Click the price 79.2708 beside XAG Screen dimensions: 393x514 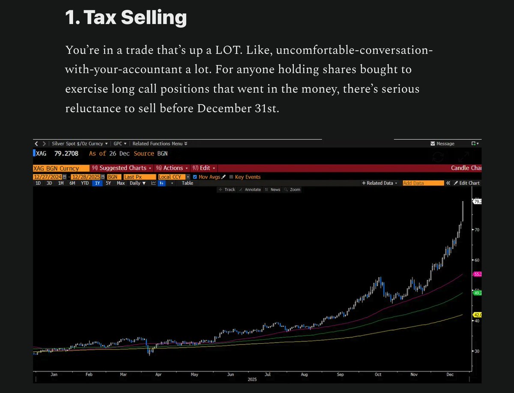click(71, 153)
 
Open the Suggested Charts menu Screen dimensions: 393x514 click(123, 168)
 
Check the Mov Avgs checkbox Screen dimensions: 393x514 click(195, 177)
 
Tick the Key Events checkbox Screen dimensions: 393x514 click(231, 177)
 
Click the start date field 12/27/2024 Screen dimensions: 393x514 click(47, 177)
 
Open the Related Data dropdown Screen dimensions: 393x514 click(380, 183)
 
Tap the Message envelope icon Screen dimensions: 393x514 click(433, 144)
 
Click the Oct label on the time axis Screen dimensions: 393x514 click(378, 374)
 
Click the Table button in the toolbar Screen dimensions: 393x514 click(188, 183)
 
